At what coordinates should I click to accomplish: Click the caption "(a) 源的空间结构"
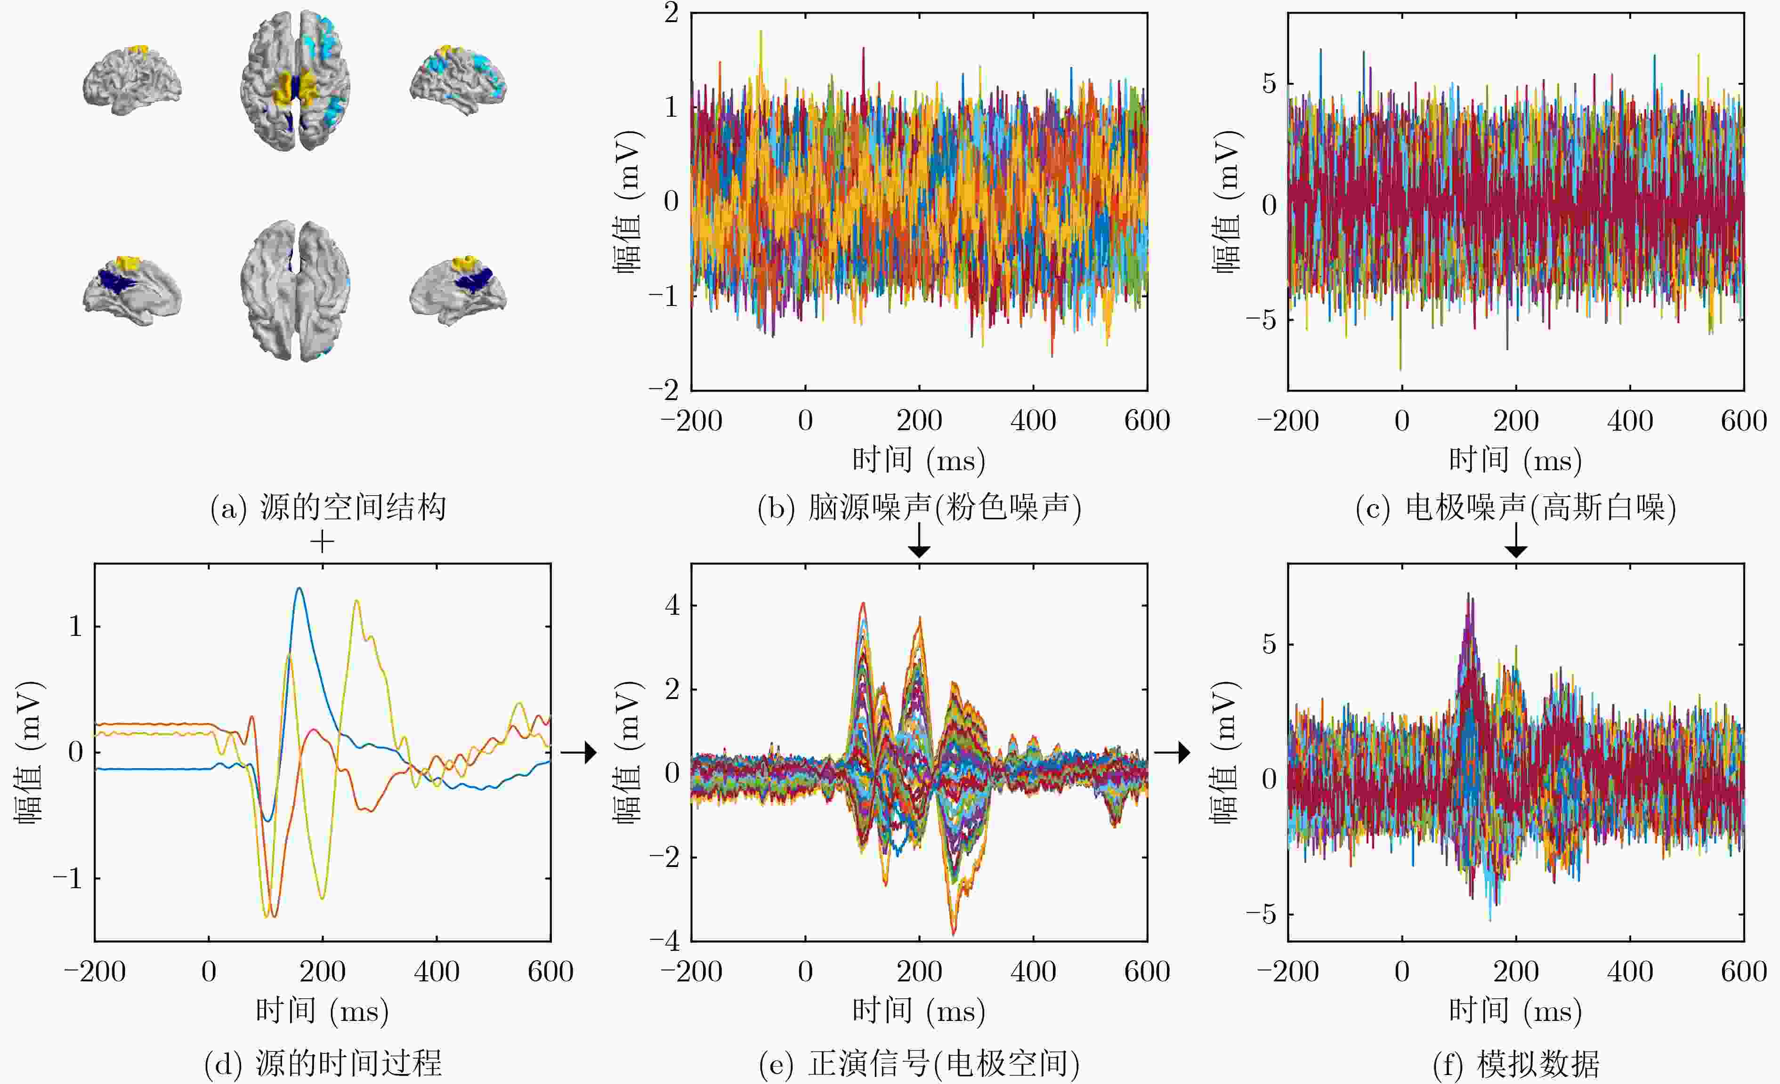pos(328,508)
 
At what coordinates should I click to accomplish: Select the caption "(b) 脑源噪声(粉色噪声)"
pos(919,508)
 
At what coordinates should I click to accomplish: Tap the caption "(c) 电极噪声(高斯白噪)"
pos(1516,508)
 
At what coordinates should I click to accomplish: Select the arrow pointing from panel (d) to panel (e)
pos(579,753)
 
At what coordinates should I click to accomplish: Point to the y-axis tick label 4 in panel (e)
pos(672,605)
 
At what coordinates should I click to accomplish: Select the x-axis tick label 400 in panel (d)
pos(437,972)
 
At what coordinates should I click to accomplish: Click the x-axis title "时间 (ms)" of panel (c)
pos(1516,460)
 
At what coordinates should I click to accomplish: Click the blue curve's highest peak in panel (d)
pos(299,588)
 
